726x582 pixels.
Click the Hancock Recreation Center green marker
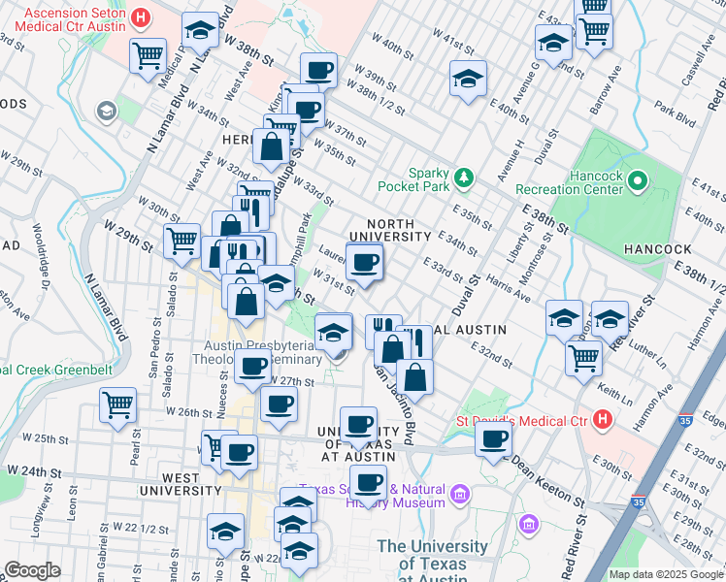tap(638, 180)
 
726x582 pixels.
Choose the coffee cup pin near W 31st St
tap(365, 262)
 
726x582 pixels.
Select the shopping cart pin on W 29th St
tap(181, 241)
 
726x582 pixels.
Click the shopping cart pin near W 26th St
tap(118, 403)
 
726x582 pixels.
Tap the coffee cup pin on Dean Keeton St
tap(493, 438)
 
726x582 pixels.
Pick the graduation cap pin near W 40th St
tap(468, 79)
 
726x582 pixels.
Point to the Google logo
tap(32, 570)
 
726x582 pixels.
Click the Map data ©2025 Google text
tap(665, 574)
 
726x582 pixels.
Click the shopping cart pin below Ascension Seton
tap(147, 55)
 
